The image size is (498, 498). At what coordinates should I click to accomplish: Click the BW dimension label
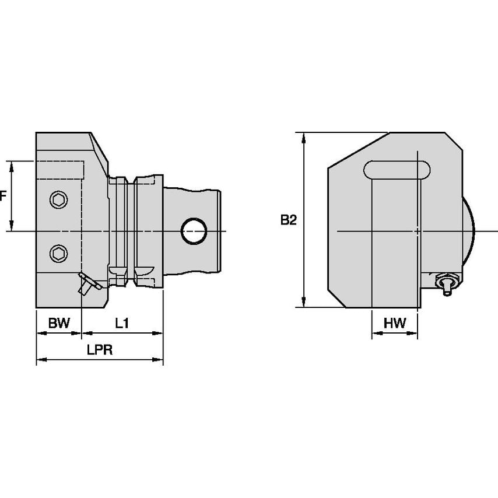58,323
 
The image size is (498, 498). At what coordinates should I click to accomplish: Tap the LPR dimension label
99,351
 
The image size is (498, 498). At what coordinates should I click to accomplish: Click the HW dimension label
395,323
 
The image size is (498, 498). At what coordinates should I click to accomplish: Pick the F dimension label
3,196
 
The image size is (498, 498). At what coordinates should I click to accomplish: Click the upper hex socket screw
58,199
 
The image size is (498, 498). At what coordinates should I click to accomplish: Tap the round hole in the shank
194,231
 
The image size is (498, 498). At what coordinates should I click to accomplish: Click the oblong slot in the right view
397,170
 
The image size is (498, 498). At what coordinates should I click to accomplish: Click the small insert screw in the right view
446,284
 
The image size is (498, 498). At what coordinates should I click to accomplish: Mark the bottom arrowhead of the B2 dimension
304,303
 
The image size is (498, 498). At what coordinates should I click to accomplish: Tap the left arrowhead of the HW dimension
375,334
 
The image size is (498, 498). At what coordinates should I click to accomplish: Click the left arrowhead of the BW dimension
40,333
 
